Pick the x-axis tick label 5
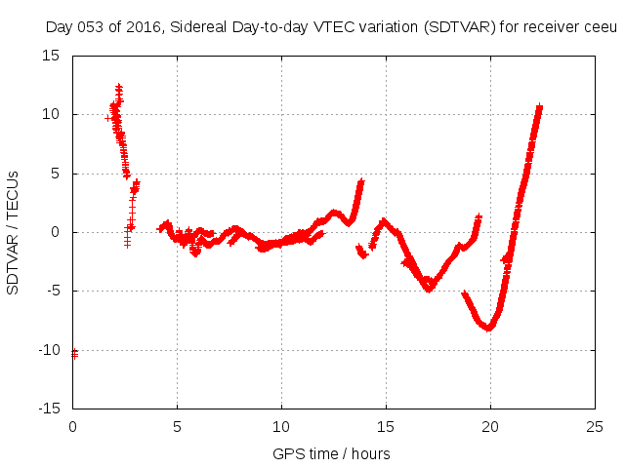pyautogui.click(x=177, y=426)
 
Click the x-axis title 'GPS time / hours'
pyautogui.click(x=332, y=453)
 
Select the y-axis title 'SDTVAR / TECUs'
pyautogui.click(x=14, y=231)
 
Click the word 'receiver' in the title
pyautogui.click(x=550, y=26)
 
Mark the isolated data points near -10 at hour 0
pyautogui.click(x=74, y=353)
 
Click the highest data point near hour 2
pyautogui.click(x=118, y=87)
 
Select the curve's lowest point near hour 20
pyautogui.click(x=488, y=328)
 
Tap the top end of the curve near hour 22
pyautogui.click(x=539, y=106)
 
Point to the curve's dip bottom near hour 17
pyautogui.click(x=428, y=288)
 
